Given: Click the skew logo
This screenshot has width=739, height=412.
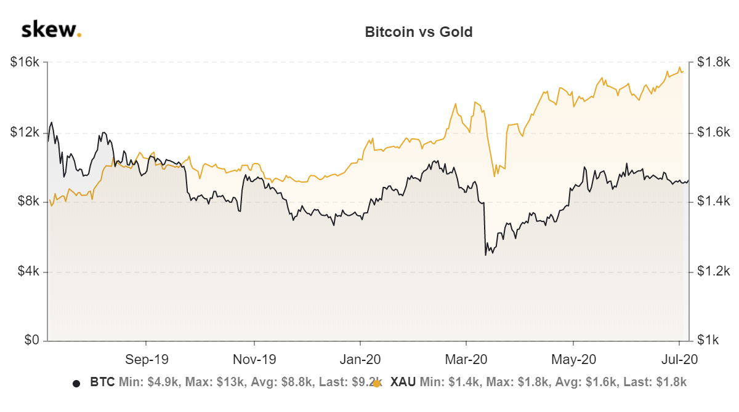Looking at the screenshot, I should [x=51, y=30].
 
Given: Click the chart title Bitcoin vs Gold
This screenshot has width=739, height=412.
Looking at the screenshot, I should [x=419, y=32].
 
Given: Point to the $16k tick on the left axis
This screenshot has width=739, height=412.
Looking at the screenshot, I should [x=25, y=62].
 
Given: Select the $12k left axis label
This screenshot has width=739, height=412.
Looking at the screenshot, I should [x=25, y=132].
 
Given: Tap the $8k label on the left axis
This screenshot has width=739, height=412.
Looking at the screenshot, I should [x=27, y=202].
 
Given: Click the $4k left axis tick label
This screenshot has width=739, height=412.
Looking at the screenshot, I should [x=27, y=271].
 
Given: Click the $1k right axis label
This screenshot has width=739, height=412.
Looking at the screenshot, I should [x=709, y=341].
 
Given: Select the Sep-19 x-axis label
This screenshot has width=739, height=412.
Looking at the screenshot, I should [x=147, y=359].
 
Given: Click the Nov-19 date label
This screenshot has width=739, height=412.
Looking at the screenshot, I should [x=254, y=359].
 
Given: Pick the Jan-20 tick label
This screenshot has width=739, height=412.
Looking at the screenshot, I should [x=360, y=359].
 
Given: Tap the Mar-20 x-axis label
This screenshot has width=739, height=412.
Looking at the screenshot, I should [x=466, y=359].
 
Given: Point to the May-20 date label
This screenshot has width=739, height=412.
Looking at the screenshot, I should [x=573, y=359].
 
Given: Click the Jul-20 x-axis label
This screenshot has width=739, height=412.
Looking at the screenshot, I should [x=679, y=359].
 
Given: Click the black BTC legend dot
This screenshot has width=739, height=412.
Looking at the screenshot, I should [x=76, y=383].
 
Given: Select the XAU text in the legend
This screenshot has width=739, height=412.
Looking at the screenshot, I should [x=403, y=382].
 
